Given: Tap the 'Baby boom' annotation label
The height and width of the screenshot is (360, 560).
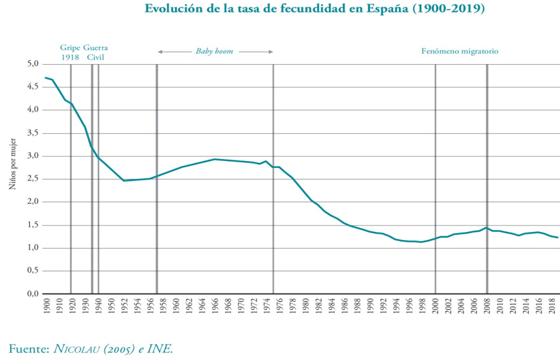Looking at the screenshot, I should (x=215, y=52).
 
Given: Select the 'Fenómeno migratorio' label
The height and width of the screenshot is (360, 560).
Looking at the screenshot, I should (x=460, y=52).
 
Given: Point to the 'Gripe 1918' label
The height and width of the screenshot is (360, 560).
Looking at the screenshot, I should (x=70, y=52).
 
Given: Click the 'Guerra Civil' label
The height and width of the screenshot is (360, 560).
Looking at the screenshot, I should (x=95, y=52).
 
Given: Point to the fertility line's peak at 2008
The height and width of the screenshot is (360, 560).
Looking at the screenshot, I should (x=487, y=228).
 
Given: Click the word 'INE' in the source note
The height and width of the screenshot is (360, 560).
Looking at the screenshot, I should (x=162, y=349).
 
